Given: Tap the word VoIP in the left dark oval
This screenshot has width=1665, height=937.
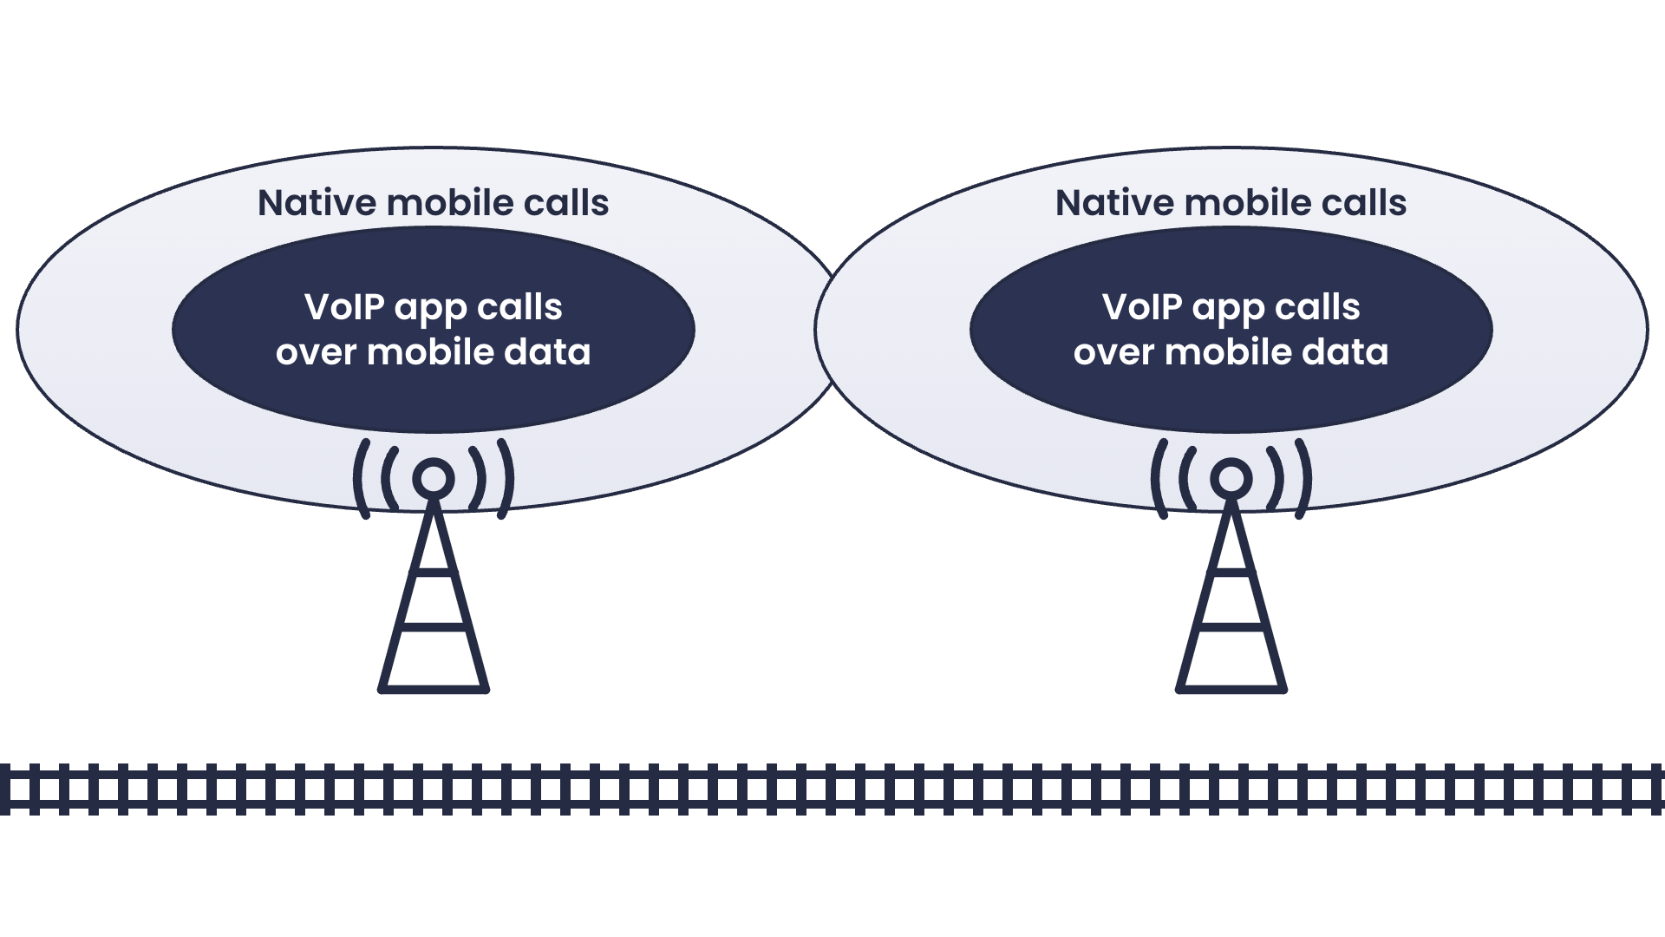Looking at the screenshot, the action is click(x=343, y=307).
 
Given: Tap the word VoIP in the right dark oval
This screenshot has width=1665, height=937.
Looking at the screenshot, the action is click(x=1141, y=307).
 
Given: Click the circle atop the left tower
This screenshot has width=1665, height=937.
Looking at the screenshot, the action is click(x=434, y=479).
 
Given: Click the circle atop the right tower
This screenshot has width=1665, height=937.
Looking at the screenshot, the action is click(x=1231, y=479).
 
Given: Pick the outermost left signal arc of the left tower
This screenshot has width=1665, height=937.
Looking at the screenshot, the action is click(x=358, y=479).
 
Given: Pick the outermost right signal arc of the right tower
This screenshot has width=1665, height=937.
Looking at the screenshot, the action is click(x=1306, y=479).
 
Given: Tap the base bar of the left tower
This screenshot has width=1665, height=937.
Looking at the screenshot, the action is click(x=434, y=690).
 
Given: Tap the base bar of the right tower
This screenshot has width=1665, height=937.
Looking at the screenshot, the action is click(x=1231, y=690).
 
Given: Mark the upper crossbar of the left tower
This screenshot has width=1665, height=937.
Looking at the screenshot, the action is click(x=434, y=573).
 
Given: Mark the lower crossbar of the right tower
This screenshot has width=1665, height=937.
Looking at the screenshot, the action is click(x=1231, y=625).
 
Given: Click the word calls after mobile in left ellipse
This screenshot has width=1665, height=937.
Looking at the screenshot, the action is click(x=566, y=203).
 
